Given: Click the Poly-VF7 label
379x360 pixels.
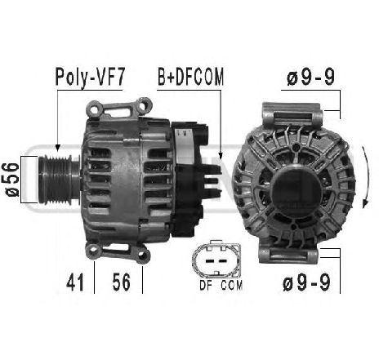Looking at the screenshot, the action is click(90, 77).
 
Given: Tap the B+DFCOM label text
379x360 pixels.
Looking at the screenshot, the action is click(190, 77).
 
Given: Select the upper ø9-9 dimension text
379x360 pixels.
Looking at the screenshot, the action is click(310, 78).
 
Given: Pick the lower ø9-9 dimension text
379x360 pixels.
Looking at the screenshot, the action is click(307, 282).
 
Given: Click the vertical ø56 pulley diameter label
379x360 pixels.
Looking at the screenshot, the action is click(12, 180).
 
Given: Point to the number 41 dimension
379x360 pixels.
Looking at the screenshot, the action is click(75, 282).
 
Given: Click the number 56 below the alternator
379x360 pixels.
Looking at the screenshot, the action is click(122, 282).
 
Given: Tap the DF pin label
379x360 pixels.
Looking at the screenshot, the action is click(206, 285).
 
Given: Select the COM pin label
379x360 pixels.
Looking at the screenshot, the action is click(231, 285).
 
